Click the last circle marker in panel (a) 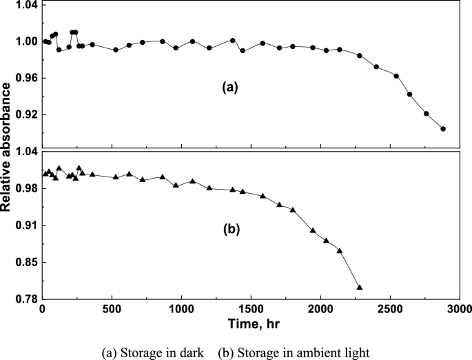[443, 128]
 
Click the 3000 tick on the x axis [458, 308]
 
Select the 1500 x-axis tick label [250, 308]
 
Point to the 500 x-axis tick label [112, 308]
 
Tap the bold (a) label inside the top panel [229, 87]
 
